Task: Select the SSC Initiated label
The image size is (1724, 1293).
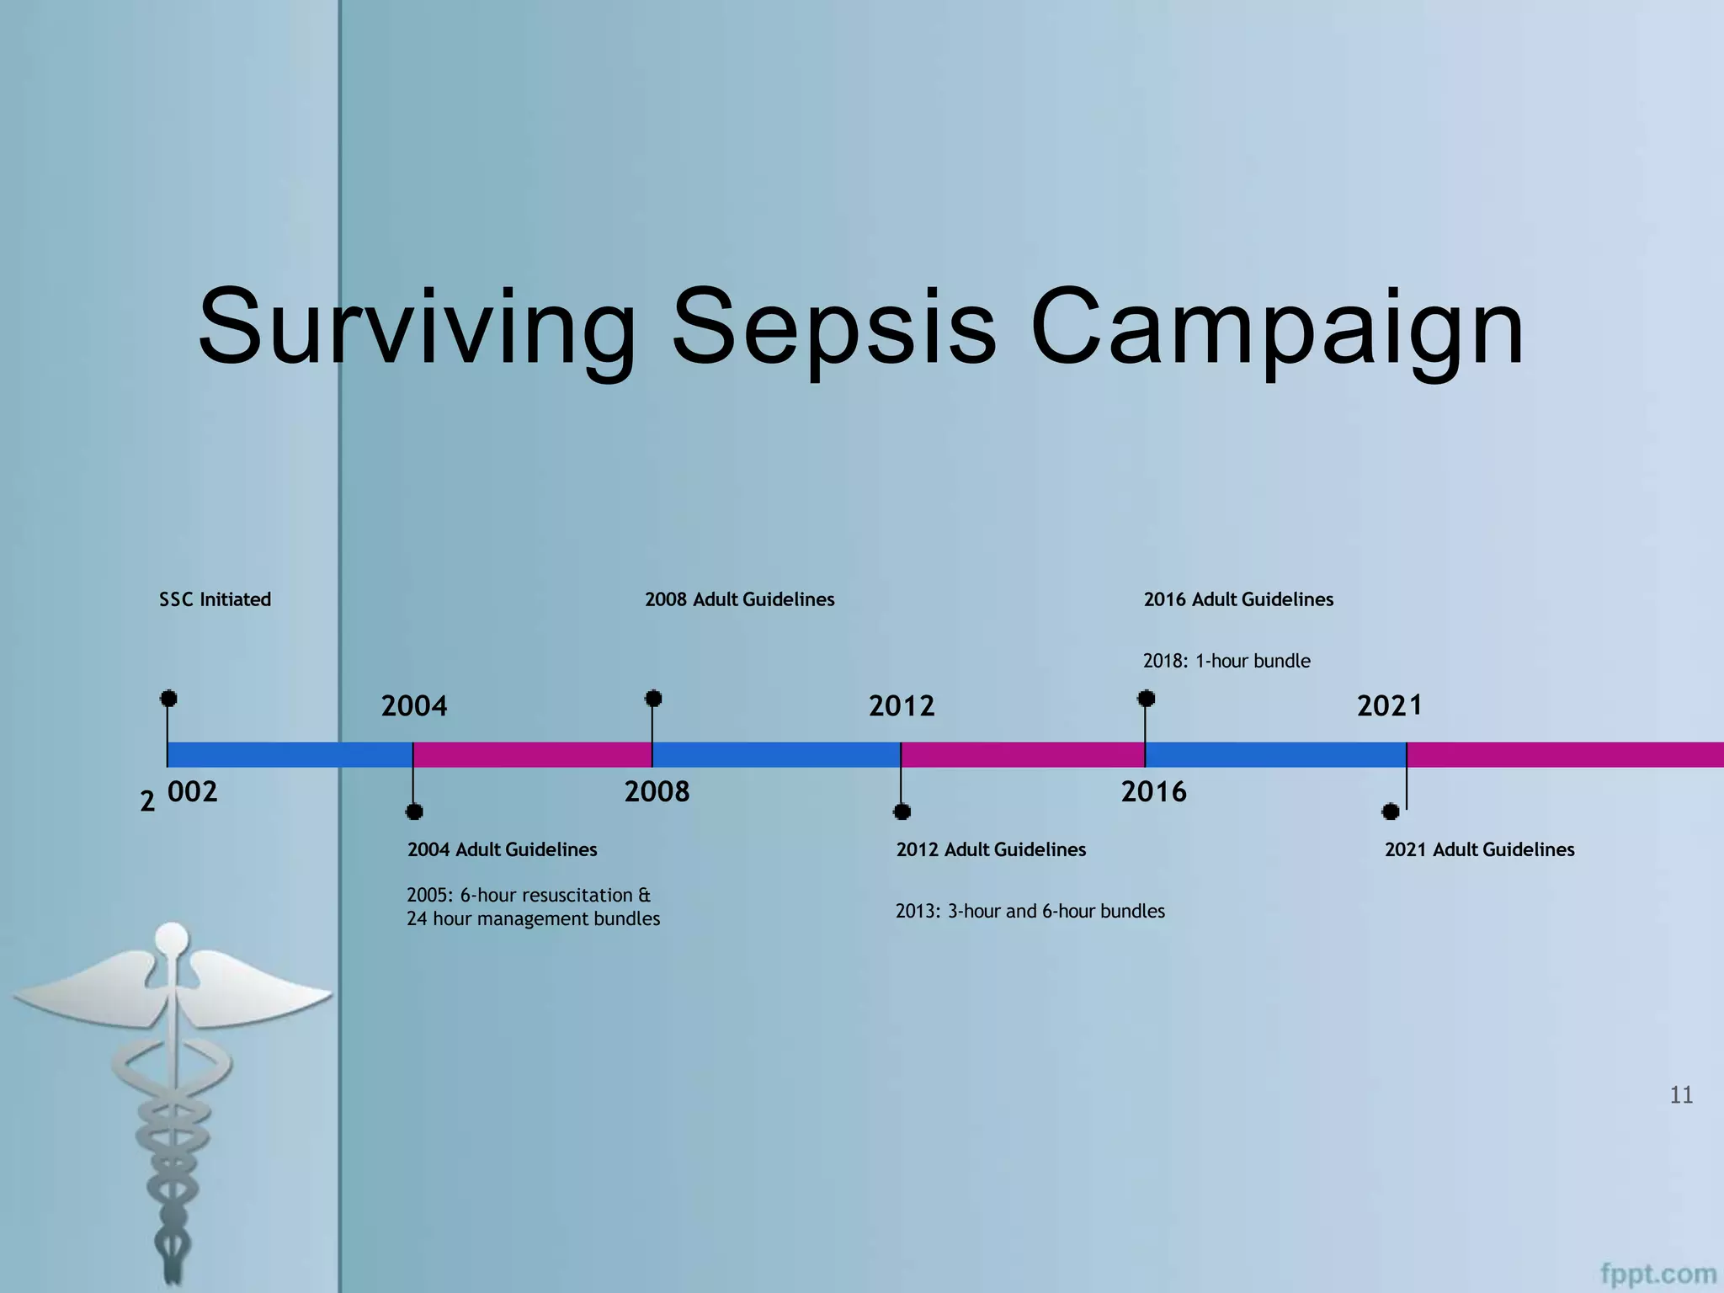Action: [x=215, y=599]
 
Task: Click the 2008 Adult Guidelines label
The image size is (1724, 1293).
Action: [x=739, y=599]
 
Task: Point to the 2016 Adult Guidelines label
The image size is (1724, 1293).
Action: [x=1237, y=599]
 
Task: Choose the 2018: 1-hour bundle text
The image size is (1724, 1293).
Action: [x=1226, y=661]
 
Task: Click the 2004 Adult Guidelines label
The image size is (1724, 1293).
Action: [x=502, y=849]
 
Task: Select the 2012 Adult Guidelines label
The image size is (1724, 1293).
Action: [x=991, y=849]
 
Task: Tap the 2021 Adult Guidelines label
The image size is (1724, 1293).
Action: [x=1479, y=849]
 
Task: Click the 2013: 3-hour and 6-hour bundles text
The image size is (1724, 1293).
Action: [x=1030, y=911]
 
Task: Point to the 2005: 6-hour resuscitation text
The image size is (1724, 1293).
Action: [x=529, y=895]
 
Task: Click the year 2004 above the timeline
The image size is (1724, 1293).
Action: [x=414, y=705]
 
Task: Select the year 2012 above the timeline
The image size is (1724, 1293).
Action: [x=902, y=705]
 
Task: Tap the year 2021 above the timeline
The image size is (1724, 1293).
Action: [x=1389, y=705]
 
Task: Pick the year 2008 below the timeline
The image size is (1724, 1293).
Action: [x=657, y=791]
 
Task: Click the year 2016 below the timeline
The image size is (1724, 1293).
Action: [x=1153, y=791]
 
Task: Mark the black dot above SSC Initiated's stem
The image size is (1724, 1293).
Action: [x=168, y=698]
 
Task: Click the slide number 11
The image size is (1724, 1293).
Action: [x=1680, y=1094]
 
